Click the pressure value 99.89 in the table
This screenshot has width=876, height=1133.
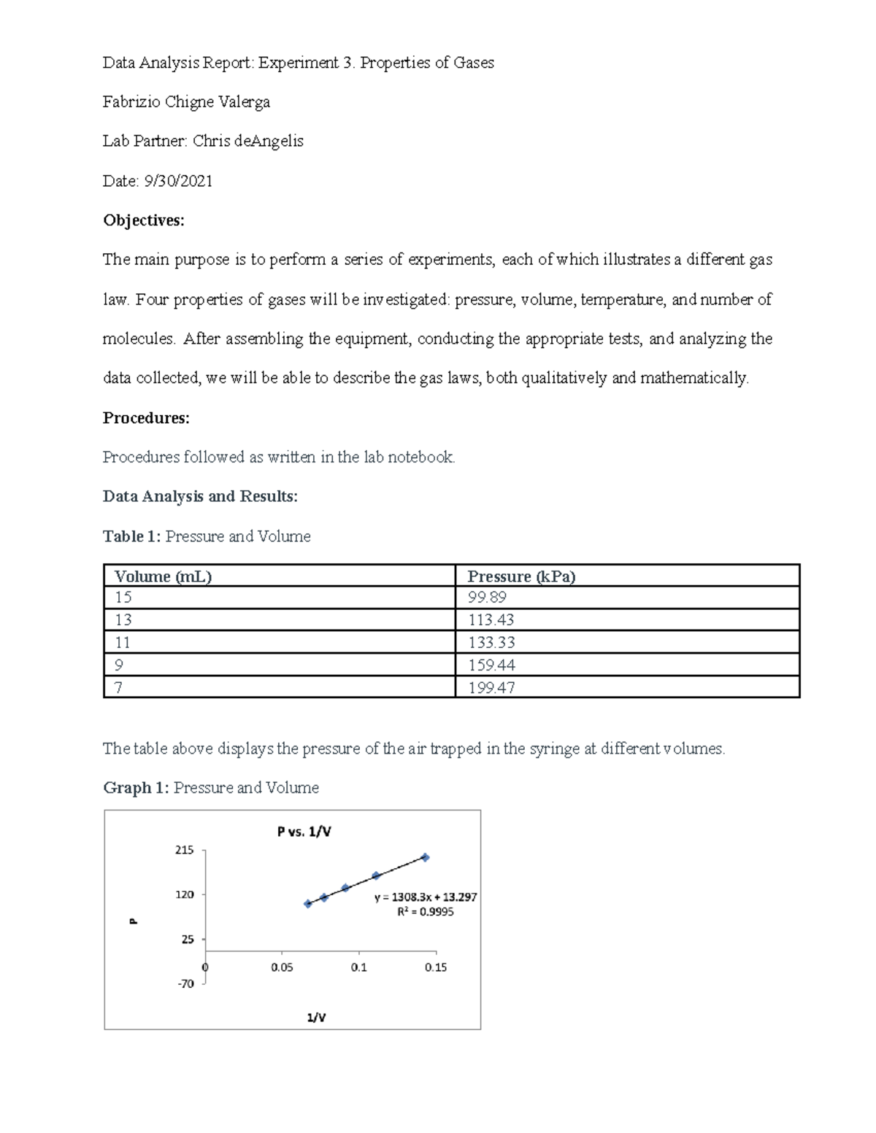click(x=487, y=598)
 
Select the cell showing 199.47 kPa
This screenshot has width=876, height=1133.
click(x=491, y=687)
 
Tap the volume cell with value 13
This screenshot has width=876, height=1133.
click(x=123, y=620)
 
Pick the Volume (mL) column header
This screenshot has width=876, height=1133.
click(x=163, y=576)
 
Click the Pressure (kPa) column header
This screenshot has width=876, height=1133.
click(x=521, y=576)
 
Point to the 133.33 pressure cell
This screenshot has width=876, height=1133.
click(x=491, y=643)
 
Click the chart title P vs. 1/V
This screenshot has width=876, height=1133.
click(x=304, y=832)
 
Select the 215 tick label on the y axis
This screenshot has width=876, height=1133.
click(x=184, y=850)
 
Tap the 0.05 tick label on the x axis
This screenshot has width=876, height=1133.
click(x=282, y=967)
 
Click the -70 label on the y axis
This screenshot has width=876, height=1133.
click(x=185, y=984)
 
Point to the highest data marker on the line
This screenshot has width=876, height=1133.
click(x=426, y=858)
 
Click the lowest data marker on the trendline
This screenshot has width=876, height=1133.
click(x=308, y=904)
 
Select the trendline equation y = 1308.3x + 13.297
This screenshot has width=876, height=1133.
click(x=426, y=898)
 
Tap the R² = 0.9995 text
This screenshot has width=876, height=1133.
click(x=426, y=912)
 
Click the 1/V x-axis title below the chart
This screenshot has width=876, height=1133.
click(x=316, y=1018)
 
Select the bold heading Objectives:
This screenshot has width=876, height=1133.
click(x=143, y=220)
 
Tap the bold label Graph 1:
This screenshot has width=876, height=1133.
click(x=136, y=788)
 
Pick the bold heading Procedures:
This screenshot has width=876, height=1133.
click(x=145, y=418)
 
